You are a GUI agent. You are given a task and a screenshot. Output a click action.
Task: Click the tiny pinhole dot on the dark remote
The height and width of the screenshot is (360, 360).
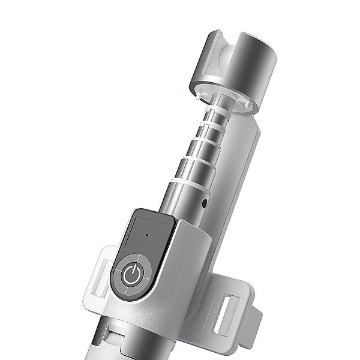(x=147, y=235)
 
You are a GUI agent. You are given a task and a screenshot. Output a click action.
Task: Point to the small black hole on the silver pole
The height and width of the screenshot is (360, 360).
(x=205, y=203)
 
